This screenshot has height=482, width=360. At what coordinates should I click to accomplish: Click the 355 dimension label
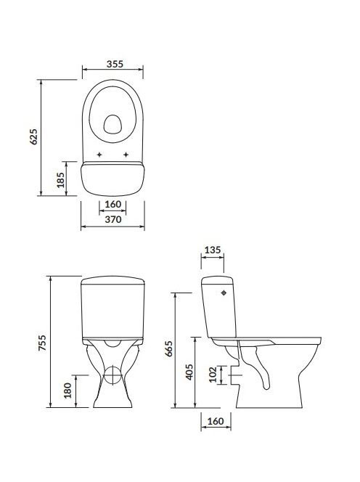point(115,64)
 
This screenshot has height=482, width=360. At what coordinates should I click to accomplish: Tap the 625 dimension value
point(33,136)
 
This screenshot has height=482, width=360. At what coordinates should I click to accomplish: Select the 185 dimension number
point(60,180)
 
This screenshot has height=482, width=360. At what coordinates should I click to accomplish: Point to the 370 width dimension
point(113,219)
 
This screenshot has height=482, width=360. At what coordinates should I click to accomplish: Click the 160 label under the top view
point(112,204)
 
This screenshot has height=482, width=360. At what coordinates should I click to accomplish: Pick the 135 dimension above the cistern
point(213,250)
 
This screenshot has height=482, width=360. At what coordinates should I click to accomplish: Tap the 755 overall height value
point(42,343)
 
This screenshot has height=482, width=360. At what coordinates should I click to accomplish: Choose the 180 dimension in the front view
point(67,391)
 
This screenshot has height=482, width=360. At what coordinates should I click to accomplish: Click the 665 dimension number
point(168,348)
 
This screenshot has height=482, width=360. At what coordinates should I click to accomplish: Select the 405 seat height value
point(189,372)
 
